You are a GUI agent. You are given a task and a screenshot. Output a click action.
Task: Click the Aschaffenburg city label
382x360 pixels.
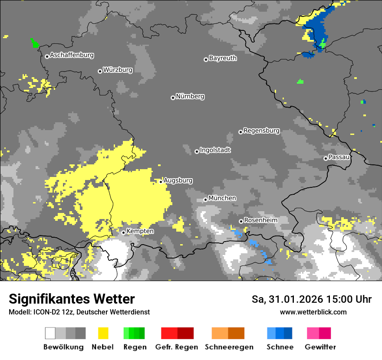(72, 55)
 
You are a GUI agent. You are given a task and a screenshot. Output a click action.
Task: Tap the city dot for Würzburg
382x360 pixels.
(100, 71)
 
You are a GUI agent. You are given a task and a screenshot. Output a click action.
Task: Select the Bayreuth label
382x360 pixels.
(223, 58)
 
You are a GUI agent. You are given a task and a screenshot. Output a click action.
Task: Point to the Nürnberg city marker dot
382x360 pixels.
(173, 98)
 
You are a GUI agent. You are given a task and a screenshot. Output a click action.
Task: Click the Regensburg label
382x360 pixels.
(261, 131)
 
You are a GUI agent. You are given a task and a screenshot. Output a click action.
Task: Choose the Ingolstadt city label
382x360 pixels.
(215, 150)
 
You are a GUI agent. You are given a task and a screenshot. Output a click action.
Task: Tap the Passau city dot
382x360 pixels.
(326, 158)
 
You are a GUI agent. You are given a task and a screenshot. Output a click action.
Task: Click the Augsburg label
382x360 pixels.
(178, 180)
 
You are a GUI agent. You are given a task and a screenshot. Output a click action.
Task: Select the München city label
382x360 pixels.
(222, 198)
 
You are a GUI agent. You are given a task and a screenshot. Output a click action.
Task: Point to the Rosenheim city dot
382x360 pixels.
(241, 222)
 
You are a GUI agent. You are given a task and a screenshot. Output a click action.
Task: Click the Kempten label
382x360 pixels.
(140, 231)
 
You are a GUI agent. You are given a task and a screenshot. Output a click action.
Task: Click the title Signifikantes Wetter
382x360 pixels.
(72, 299)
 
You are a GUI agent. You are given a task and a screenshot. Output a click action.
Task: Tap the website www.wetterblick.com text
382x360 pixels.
(313, 312)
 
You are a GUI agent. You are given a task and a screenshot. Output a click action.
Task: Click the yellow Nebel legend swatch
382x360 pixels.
(103, 333)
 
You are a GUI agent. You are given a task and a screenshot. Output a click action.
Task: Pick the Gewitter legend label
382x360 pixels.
(320, 347)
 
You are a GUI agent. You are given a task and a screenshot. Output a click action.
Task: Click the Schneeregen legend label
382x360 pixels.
(229, 347)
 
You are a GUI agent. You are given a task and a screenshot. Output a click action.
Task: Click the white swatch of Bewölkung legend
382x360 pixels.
(50, 333)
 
